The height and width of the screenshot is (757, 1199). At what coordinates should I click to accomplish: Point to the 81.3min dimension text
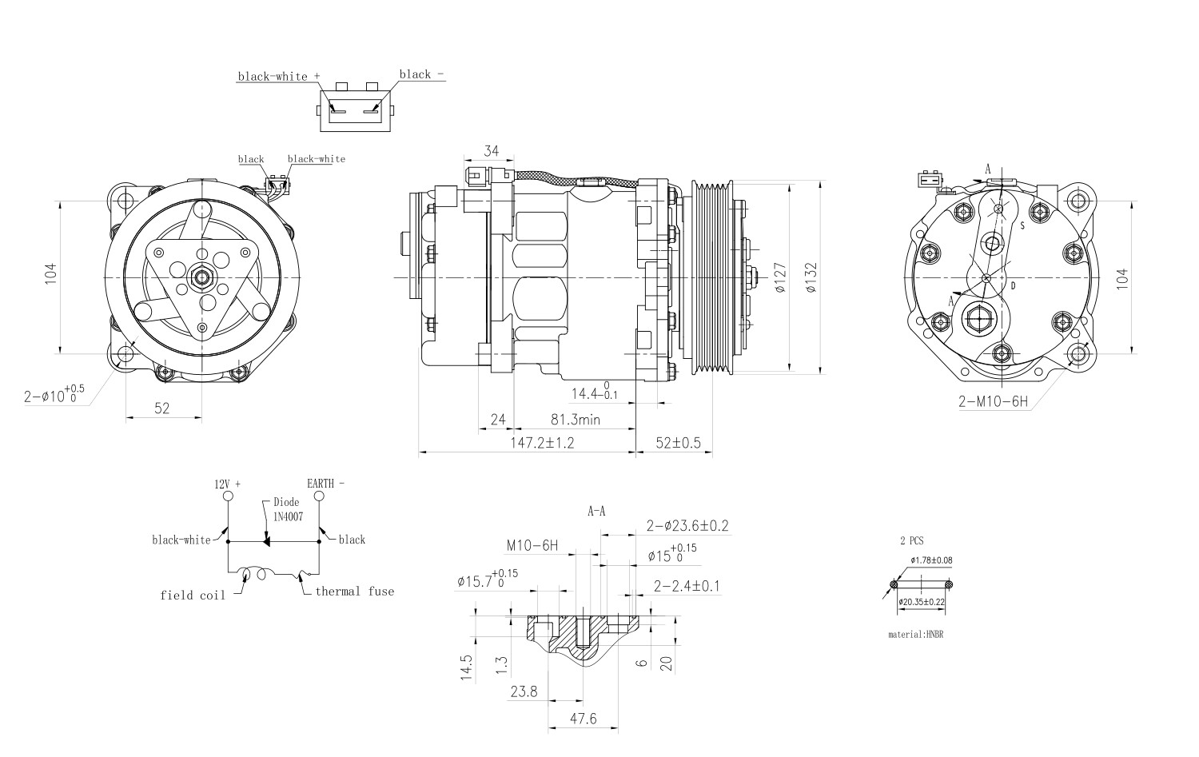574,419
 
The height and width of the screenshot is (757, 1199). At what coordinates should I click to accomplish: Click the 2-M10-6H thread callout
994,401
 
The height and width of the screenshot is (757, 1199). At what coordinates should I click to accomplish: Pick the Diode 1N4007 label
287,509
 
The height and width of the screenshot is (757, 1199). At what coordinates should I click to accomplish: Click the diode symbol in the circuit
265,541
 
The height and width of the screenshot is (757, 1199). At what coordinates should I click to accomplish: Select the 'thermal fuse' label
354,592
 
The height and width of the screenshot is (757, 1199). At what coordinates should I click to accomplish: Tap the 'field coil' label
192,595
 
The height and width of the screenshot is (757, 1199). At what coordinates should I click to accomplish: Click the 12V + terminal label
227,484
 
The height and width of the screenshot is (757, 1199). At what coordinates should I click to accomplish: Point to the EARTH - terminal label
326,484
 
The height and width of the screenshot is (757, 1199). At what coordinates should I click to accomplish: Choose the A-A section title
596,511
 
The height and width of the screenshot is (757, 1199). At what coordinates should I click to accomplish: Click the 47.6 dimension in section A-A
583,719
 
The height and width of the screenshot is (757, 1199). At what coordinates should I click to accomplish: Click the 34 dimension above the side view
492,151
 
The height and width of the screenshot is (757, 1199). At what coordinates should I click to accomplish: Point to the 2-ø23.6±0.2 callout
687,526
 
